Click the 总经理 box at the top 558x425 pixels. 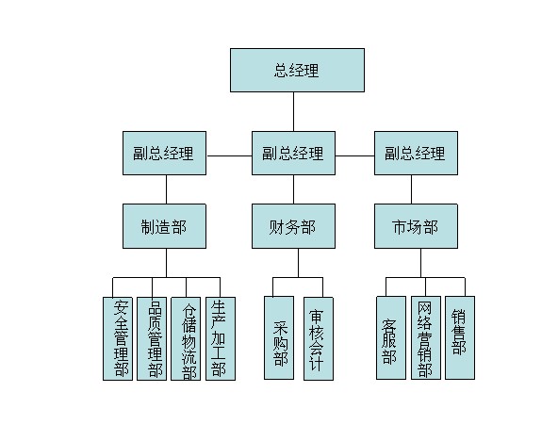[x=297, y=70]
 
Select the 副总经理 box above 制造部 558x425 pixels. [x=164, y=153]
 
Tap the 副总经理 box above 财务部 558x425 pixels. [x=293, y=153]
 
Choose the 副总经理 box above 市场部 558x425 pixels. [x=416, y=153]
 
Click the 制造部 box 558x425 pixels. [x=164, y=226]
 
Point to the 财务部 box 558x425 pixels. [x=293, y=226]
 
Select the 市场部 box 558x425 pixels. [x=416, y=226]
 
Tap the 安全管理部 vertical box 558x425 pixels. [x=118, y=338]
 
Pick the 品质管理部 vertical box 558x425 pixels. [x=152, y=338]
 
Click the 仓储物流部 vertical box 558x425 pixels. [x=186, y=338]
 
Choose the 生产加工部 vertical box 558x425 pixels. [x=221, y=338]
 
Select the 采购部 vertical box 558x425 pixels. [x=279, y=338]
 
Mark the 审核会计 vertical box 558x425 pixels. [x=319, y=338]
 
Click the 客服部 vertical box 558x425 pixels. [x=391, y=338]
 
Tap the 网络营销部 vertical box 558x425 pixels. [x=426, y=338]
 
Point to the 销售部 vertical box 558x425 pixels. [x=460, y=338]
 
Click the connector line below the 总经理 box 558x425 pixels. [x=293, y=112]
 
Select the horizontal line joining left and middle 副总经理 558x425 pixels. [x=229, y=155]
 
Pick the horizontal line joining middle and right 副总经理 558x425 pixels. [x=354, y=155]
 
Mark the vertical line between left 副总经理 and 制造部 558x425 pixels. [x=166, y=189]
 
